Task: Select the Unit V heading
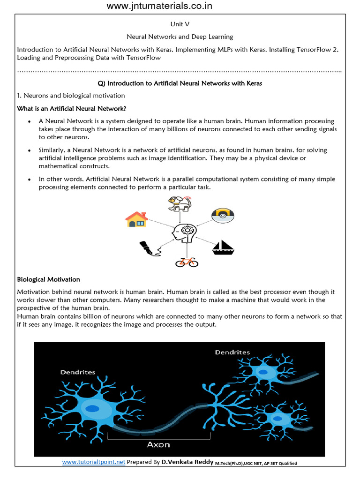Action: pos(180,24)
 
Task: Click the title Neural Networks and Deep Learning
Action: pos(180,37)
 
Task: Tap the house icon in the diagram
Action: pos(136,219)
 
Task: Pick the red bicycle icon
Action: pos(186,262)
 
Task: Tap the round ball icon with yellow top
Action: pos(222,215)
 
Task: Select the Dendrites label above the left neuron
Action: pos(77,372)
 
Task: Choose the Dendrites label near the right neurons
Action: pos(232,352)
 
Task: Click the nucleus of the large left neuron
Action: pos(95,408)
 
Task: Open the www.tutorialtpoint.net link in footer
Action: pos(94,462)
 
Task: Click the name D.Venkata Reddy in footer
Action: pos(187,462)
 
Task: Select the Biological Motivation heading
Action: pos(48,279)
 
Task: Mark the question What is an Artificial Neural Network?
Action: pos(71,109)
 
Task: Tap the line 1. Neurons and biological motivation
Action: pos(71,96)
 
